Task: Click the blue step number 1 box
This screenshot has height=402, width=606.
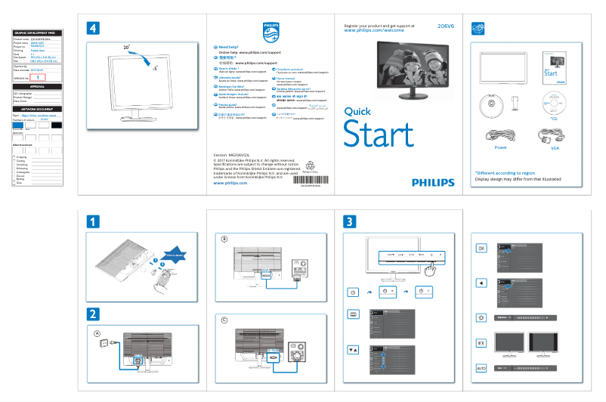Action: tap(92, 222)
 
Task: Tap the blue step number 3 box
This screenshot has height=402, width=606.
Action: tap(349, 222)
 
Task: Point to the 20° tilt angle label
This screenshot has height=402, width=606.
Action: tap(127, 47)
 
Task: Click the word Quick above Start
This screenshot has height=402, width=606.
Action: tap(357, 111)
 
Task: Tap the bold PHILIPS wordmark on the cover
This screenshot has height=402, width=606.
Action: tap(433, 183)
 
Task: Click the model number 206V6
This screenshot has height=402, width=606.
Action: tap(446, 26)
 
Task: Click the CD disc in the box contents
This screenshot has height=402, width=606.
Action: tap(554, 103)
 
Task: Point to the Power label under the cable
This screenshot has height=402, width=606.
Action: tap(500, 148)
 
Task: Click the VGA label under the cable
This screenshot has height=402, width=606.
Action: tap(554, 148)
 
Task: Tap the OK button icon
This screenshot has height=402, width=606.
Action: tap(481, 248)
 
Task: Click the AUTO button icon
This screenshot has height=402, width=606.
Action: tap(481, 368)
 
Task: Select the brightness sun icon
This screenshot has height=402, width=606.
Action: tap(481, 318)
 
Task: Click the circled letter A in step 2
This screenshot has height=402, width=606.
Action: tap(97, 333)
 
